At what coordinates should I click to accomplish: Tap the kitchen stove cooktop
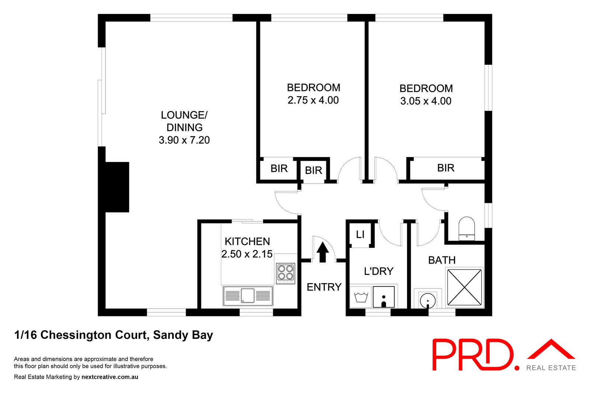coord(286,273)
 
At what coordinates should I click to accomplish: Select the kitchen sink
coord(248,295)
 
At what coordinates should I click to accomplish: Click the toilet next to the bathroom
coord(466,229)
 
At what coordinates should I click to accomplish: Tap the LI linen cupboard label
coord(360,234)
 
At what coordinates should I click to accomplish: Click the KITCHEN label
coord(247,242)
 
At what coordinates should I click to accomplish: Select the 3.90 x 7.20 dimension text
coord(184,140)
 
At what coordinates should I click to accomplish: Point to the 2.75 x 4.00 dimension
coord(313,100)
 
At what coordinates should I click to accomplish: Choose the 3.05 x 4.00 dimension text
coord(426,101)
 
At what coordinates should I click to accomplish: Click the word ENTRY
coord(324,287)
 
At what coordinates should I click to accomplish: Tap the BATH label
coord(442,260)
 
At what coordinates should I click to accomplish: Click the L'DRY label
coord(379,271)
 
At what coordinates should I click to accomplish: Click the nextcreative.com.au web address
coord(110,377)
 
